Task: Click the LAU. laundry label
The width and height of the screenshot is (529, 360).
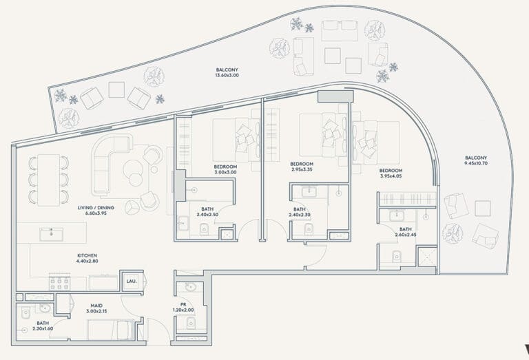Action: pyautogui.click(x=132, y=281)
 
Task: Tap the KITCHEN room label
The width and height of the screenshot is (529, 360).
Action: pyautogui.click(x=87, y=255)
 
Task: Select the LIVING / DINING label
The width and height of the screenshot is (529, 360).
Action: pyautogui.click(x=96, y=208)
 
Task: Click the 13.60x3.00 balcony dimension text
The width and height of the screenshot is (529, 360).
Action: pyautogui.click(x=227, y=75)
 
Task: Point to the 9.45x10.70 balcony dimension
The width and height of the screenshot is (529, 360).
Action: pyautogui.click(x=476, y=163)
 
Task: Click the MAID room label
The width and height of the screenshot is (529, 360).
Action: pyautogui.click(x=96, y=306)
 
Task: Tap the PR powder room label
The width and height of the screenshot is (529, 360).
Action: pyautogui.click(x=183, y=304)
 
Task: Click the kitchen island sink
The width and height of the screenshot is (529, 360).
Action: pyautogui.click(x=51, y=234)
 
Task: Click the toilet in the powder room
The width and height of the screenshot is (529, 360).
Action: pyautogui.click(x=191, y=323)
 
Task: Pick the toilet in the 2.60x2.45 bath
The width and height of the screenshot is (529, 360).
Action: pyautogui.click(x=397, y=256)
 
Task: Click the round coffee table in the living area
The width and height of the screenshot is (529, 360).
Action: pyautogui.click(x=132, y=169)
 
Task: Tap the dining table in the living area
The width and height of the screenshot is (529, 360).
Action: pyautogui.click(x=49, y=180)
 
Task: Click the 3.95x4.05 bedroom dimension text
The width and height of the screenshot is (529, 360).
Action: pyautogui.click(x=391, y=176)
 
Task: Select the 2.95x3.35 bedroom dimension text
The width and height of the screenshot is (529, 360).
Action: pyautogui.click(x=302, y=169)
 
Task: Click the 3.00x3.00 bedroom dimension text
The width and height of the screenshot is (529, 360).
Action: pyautogui.click(x=225, y=172)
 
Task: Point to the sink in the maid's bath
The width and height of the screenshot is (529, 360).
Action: pyautogui.click(x=45, y=308)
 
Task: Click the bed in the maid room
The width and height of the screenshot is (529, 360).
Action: pyautogui.click(x=111, y=330)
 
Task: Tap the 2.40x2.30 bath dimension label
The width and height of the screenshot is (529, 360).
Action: pyautogui.click(x=300, y=215)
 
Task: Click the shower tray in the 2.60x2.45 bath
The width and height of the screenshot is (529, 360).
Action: pyautogui.click(x=427, y=257)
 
